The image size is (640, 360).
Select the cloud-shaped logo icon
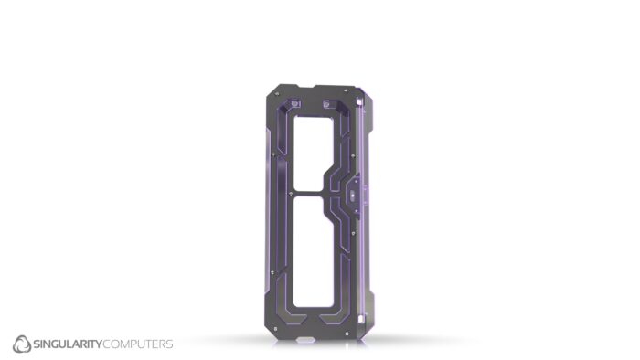point(21,344)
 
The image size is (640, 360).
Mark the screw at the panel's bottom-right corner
point(360,327)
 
